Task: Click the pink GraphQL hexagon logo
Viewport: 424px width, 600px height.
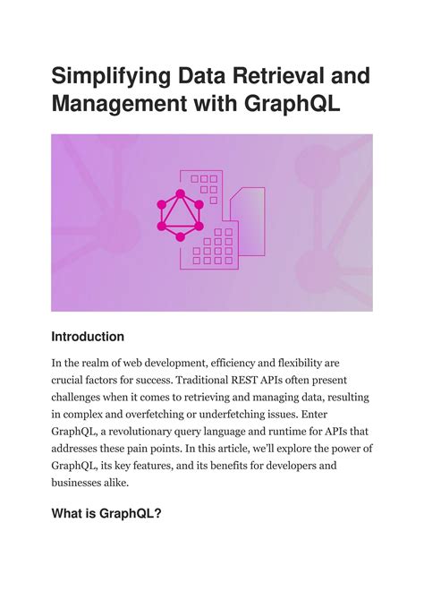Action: pyautogui.click(x=180, y=215)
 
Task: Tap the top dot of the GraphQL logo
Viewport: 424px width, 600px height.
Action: pyautogui.click(x=180, y=193)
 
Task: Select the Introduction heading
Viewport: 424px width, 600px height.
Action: pyautogui.click(x=88, y=337)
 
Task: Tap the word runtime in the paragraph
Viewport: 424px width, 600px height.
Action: pyautogui.click(x=289, y=432)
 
